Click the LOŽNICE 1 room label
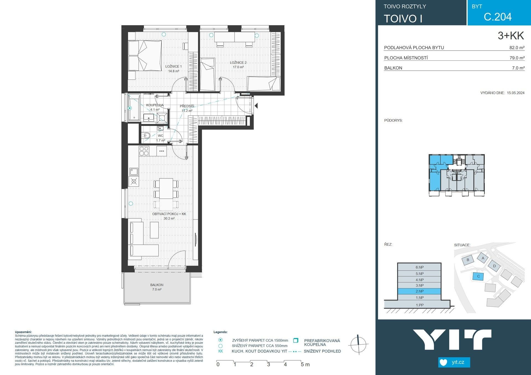173,67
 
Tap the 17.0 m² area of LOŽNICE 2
238,67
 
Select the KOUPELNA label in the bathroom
155,105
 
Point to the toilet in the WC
146,136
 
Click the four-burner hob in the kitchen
144,151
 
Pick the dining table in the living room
166,188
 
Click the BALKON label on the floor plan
157,285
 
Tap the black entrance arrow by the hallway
256,105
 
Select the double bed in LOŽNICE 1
145,56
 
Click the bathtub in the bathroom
134,108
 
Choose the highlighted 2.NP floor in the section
419,291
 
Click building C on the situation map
478,276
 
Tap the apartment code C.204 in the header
498,17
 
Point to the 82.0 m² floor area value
517,47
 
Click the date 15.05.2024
516,93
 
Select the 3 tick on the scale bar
269,364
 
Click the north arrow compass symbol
358,344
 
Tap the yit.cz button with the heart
454,362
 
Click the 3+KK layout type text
511,36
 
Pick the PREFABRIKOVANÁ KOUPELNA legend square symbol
296,340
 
